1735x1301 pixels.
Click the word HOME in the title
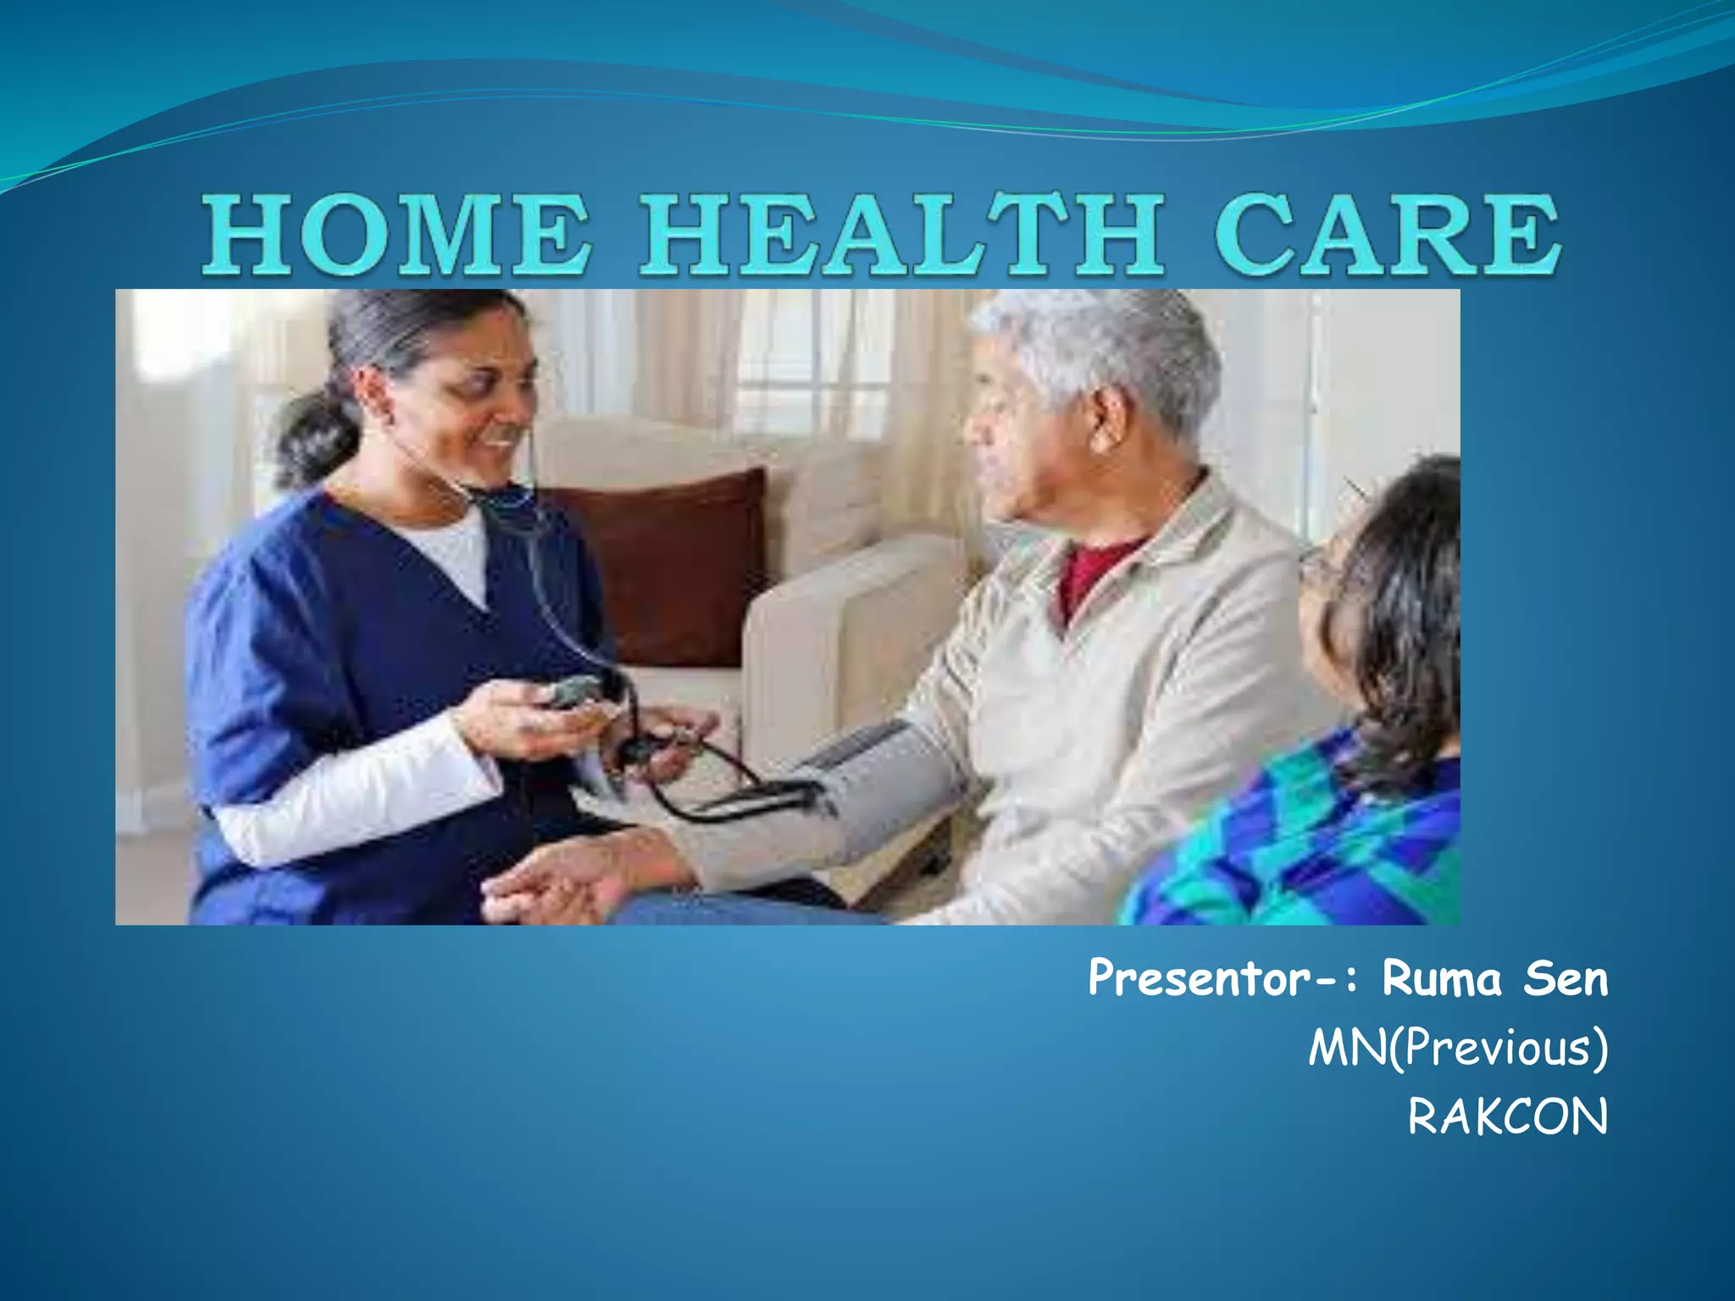(x=396, y=235)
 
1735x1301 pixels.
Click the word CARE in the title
(x=1387, y=235)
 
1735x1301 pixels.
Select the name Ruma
(x=1441, y=979)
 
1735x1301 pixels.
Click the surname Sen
(x=1566, y=979)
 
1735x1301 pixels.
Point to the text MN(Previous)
(x=1457, y=1049)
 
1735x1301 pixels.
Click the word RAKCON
(x=1507, y=1117)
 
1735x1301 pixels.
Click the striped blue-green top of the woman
(x=1322, y=839)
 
